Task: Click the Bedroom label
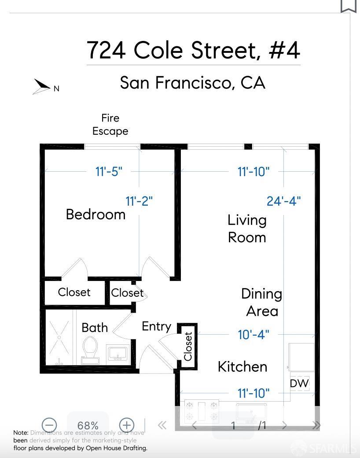tap(96, 214)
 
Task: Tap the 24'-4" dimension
tap(283, 201)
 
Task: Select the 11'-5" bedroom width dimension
tap(109, 171)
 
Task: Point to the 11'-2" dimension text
tap(139, 201)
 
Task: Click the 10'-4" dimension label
tap(253, 335)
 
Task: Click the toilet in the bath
tap(91, 350)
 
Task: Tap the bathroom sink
tap(117, 354)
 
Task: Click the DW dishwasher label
tap(299, 383)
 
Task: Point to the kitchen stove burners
tap(202, 410)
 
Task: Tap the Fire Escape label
tap(110, 125)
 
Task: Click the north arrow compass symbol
tap(43, 86)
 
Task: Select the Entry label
tap(156, 326)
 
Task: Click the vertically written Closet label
tap(188, 346)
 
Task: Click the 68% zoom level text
tap(88, 425)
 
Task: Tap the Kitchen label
tap(242, 366)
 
